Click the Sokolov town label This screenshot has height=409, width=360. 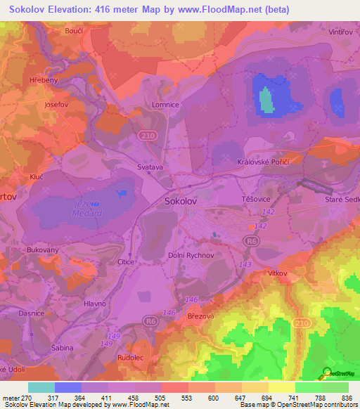pyautogui.click(x=181, y=200)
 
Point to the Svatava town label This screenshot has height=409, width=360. pyautogui.click(x=150, y=168)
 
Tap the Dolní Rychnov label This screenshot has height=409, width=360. pyautogui.click(x=190, y=255)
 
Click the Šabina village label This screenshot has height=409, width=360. pyautogui.click(x=60, y=348)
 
